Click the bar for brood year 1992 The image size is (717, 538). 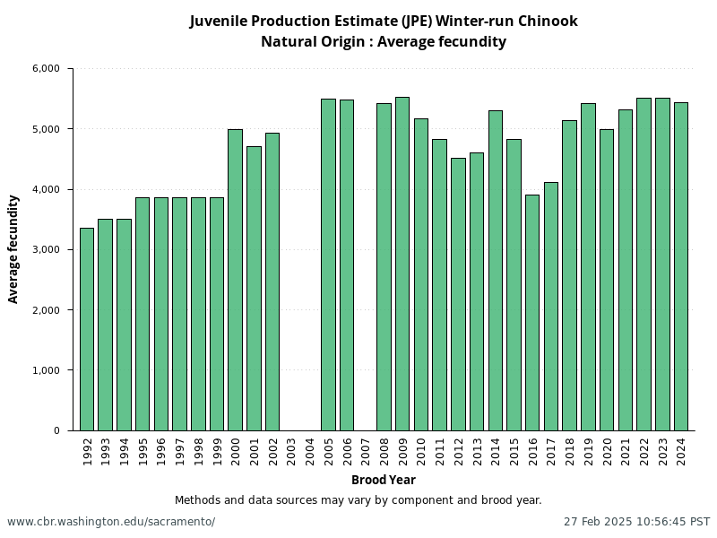(87, 329)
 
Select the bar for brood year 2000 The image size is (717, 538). (235, 280)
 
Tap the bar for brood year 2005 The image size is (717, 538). (328, 265)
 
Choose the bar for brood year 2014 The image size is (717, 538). (495, 270)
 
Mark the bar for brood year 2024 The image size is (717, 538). (681, 266)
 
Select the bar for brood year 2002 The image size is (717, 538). (272, 282)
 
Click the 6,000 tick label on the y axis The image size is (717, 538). (45, 68)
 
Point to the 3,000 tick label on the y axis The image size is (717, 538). (45, 249)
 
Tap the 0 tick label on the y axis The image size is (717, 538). (56, 430)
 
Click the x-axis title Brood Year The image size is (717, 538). (383, 480)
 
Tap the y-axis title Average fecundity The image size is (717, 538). (13, 249)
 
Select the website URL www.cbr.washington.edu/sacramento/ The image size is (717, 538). (111, 521)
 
